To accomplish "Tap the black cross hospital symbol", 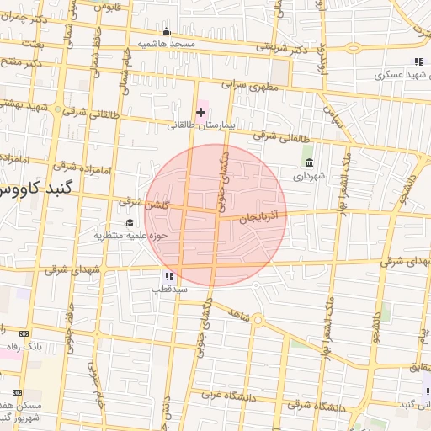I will [x=200, y=111].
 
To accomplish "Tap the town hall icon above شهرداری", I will [x=309, y=162].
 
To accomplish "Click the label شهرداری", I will [x=308, y=177].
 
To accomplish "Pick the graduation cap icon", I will [x=130, y=222].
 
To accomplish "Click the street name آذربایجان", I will [x=264, y=216].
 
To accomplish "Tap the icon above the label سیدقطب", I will [x=169, y=275].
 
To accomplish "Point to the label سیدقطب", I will [x=169, y=289].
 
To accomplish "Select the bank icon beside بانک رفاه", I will [x=23, y=333].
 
